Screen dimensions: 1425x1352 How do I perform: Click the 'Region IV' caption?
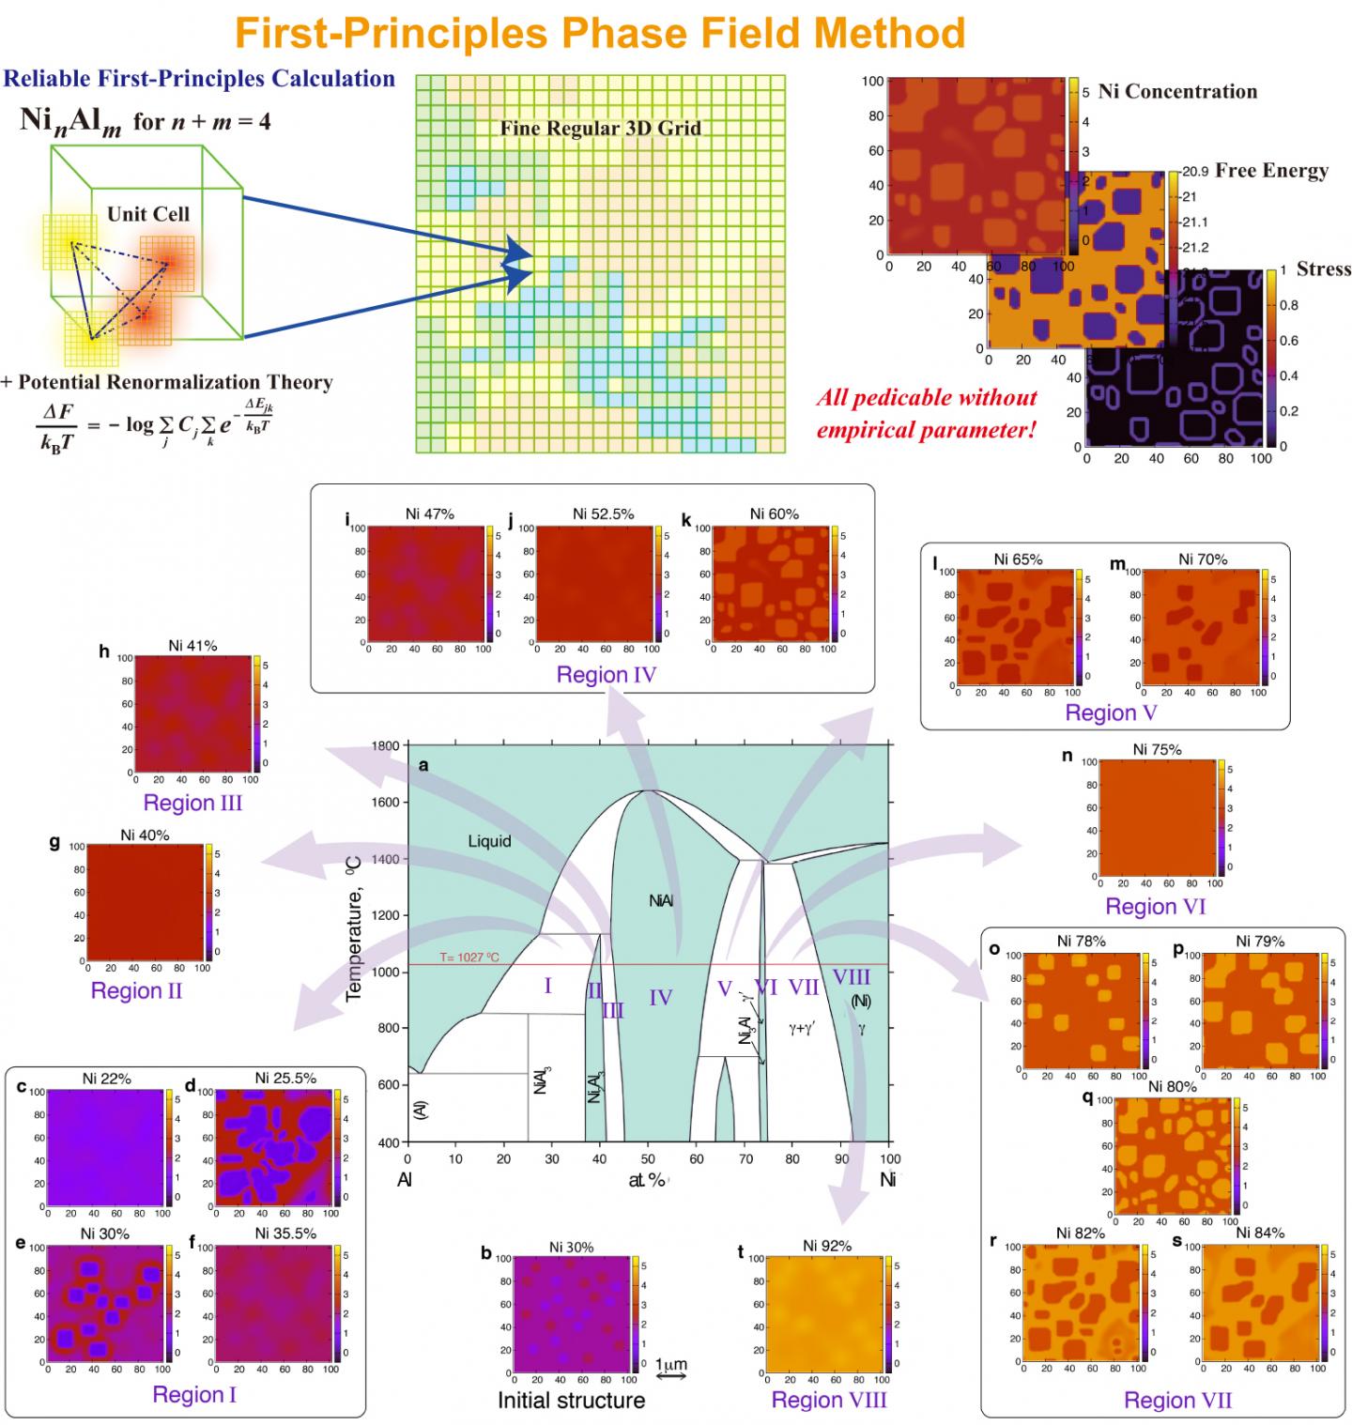606,675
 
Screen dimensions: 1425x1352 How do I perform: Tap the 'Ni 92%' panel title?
827,1246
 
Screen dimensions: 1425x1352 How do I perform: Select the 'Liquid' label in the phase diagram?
489,841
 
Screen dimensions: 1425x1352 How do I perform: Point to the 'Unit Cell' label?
148,214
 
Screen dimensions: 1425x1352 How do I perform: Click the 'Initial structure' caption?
571,1401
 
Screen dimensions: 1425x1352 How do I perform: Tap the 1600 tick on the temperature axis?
386,803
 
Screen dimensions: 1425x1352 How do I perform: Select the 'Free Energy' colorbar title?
1271,171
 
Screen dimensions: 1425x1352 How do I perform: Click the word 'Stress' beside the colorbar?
1323,269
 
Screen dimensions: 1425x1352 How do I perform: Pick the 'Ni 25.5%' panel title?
285,1079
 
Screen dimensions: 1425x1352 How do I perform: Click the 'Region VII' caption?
1177,1401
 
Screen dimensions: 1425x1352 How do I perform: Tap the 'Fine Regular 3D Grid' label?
600,129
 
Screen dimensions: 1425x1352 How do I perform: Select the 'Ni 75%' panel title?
1157,749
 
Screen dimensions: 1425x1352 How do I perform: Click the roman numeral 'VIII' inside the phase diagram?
852,977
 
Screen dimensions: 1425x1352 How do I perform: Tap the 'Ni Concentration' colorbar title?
1177,92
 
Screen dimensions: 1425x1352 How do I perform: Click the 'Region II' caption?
136,990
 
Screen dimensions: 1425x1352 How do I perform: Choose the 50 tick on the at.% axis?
648,1159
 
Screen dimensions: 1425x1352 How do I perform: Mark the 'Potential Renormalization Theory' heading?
167,382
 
